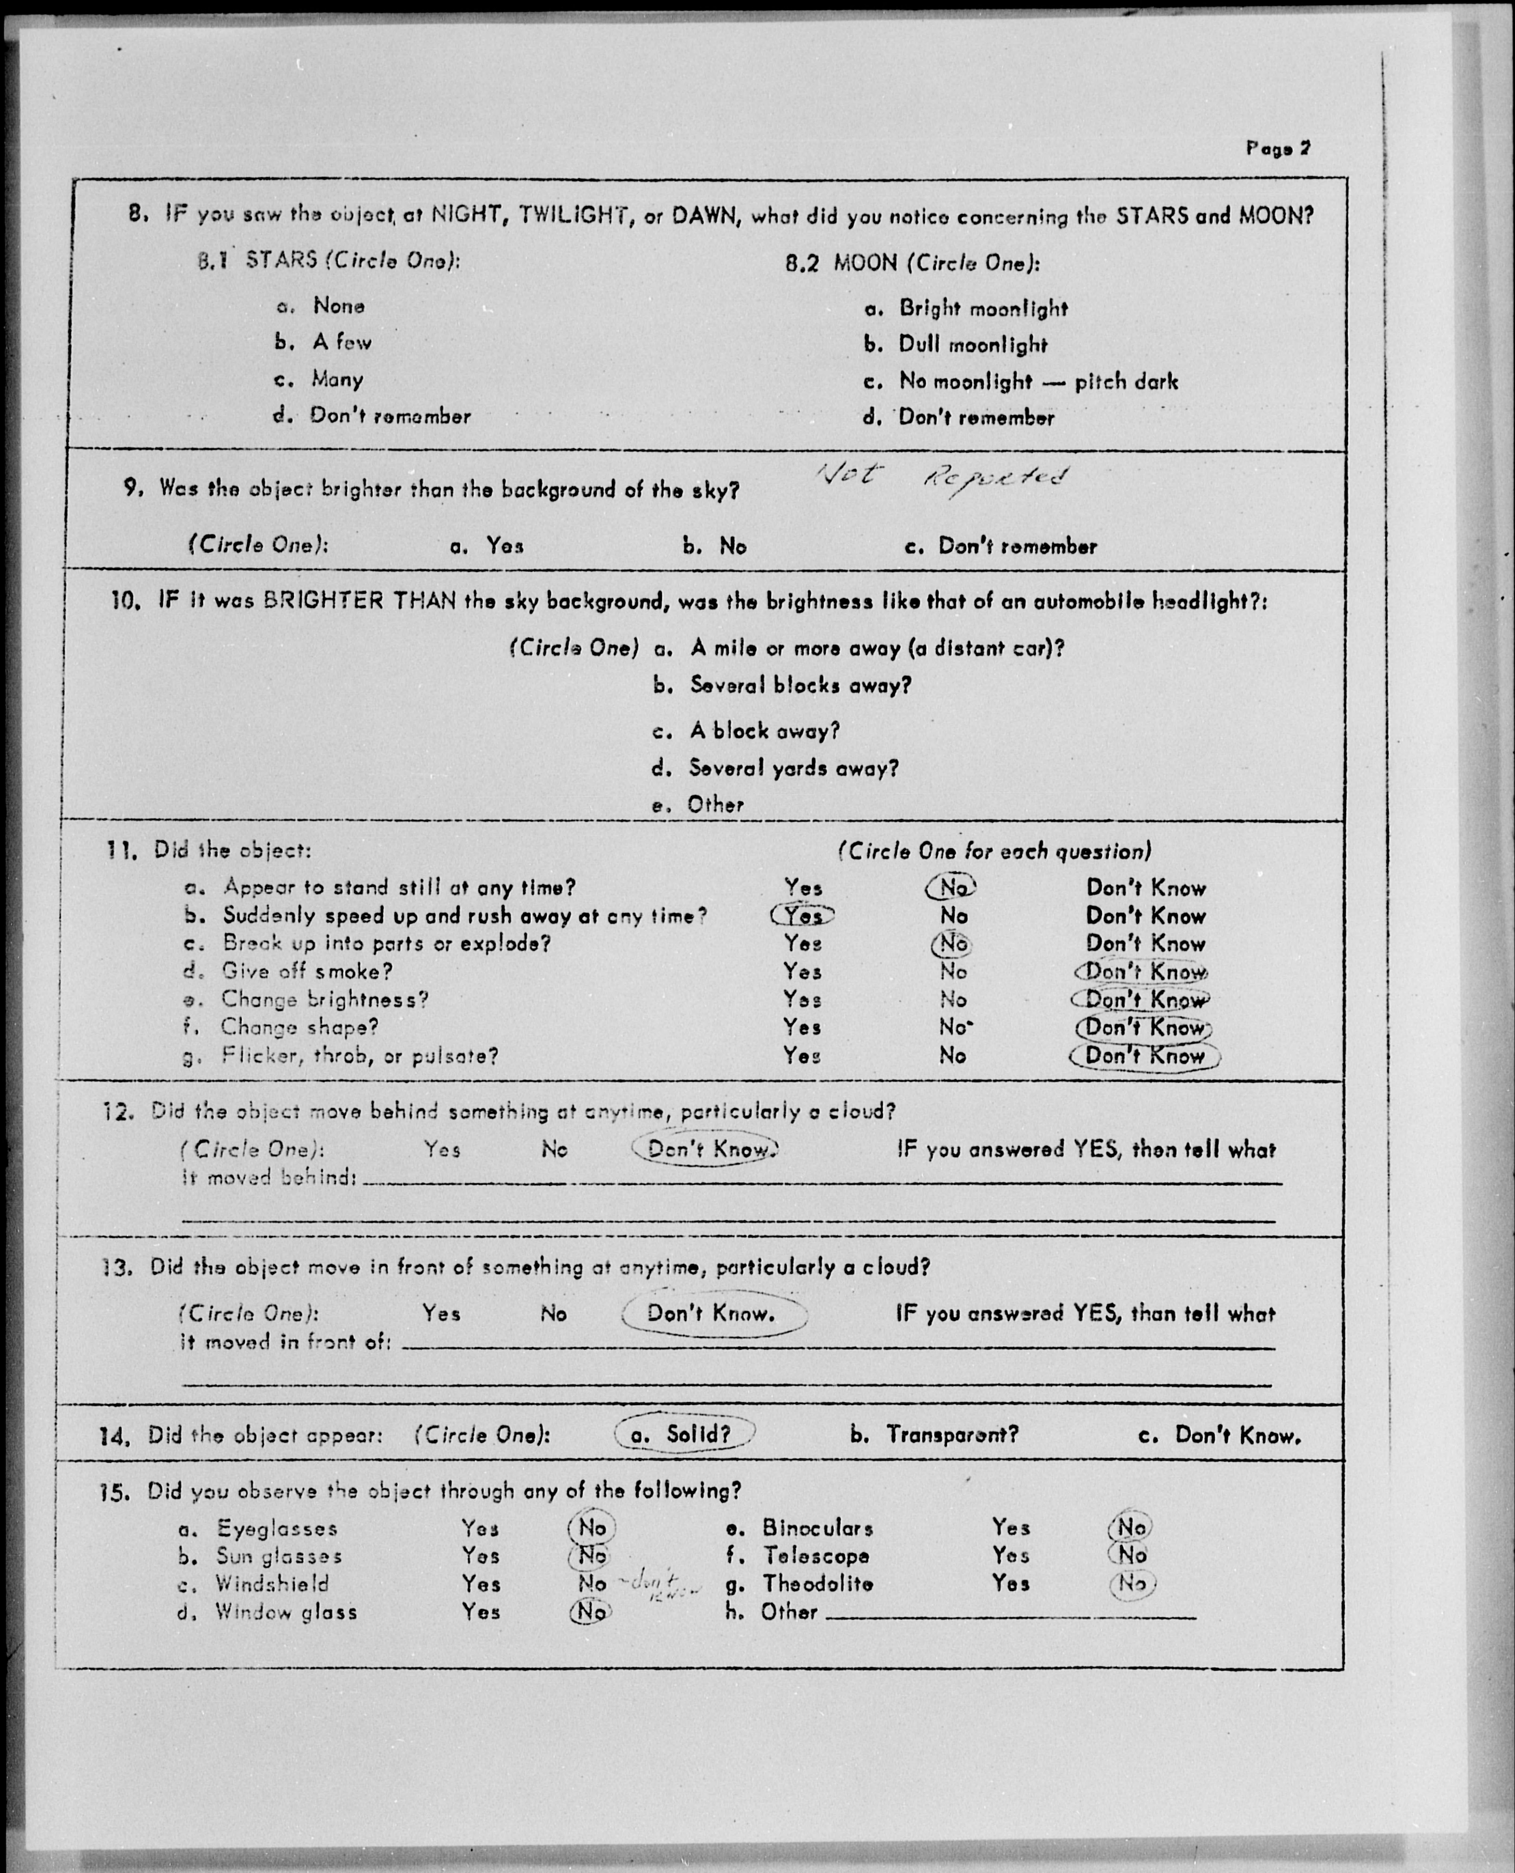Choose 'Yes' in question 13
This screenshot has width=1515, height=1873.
point(442,1314)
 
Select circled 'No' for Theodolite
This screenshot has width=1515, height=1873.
point(1132,1584)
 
